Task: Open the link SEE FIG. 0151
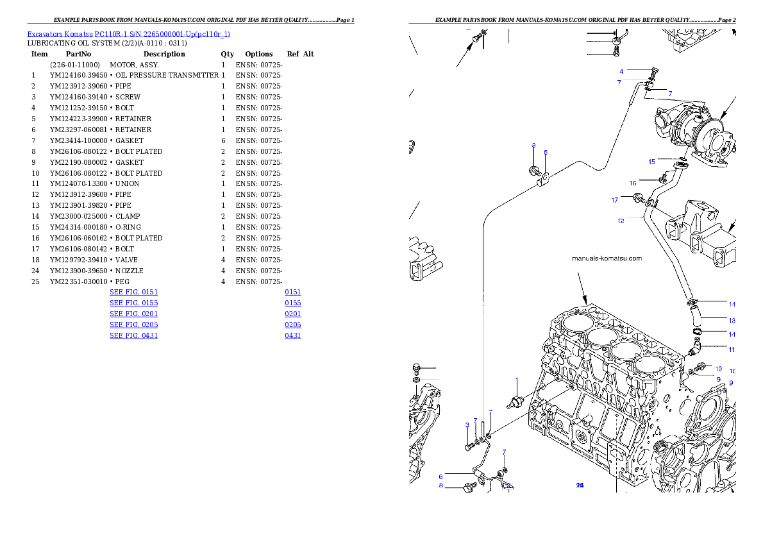pos(133,292)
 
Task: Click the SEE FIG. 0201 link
pos(133,314)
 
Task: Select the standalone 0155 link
pos(293,303)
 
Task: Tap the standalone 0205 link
pos(293,325)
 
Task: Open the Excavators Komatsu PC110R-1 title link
pos(128,34)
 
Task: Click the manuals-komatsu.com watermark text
pos(607,259)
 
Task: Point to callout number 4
pos(621,71)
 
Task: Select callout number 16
pos(632,183)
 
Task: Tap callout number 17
pos(614,201)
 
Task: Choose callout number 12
pos(621,221)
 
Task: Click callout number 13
pos(732,319)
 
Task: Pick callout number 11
pos(732,350)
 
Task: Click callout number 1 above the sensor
pos(517,380)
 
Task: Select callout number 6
pos(440,477)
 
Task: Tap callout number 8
pos(440,486)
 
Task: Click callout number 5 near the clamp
pos(546,153)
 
